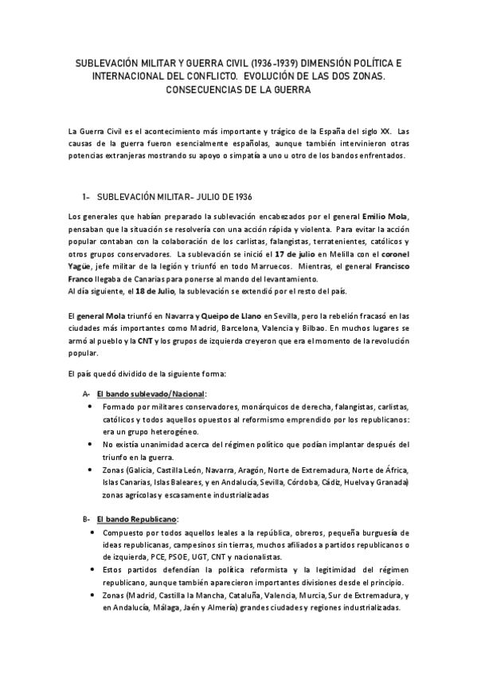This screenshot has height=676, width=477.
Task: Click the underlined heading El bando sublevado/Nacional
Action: (x=150, y=394)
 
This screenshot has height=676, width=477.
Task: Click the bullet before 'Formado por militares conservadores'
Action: (x=88, y=407)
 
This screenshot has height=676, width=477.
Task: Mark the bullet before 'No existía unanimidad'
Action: (x=88, y=444)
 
